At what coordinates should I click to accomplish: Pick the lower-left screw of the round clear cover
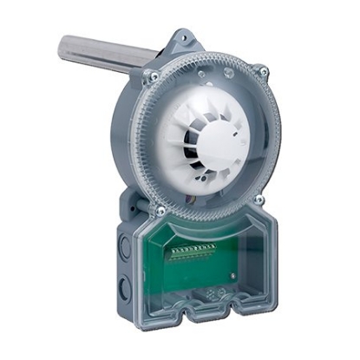[x=160, y=210]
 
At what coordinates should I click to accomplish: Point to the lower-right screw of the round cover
[x=259, y=200]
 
